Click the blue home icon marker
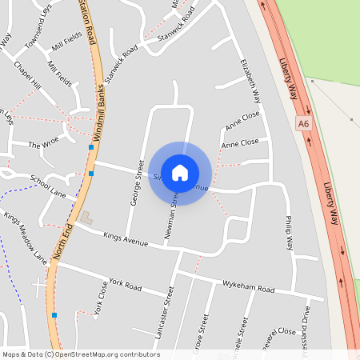click(180, 172)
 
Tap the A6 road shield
click(302, 124)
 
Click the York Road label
click(125, 284)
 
